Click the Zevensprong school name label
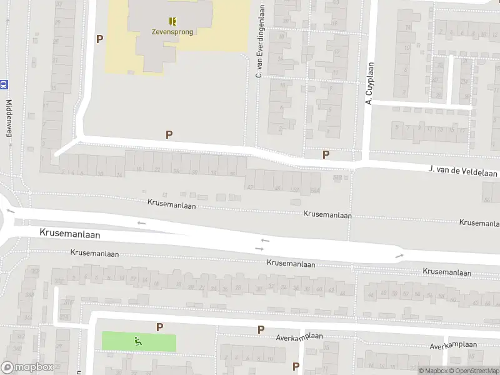(172, 32)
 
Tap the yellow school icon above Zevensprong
(172, 21)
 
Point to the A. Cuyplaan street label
(369, 83)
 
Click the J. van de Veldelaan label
(462, 170)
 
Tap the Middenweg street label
(9, 119)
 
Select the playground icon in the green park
(138, 341)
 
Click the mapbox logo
(27, 367)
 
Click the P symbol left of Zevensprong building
(99, 39)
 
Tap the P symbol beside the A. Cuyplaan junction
(326, 154)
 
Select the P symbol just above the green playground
(159, 327)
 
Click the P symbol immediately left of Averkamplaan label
(261, 329)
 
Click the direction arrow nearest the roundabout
(141, 222)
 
